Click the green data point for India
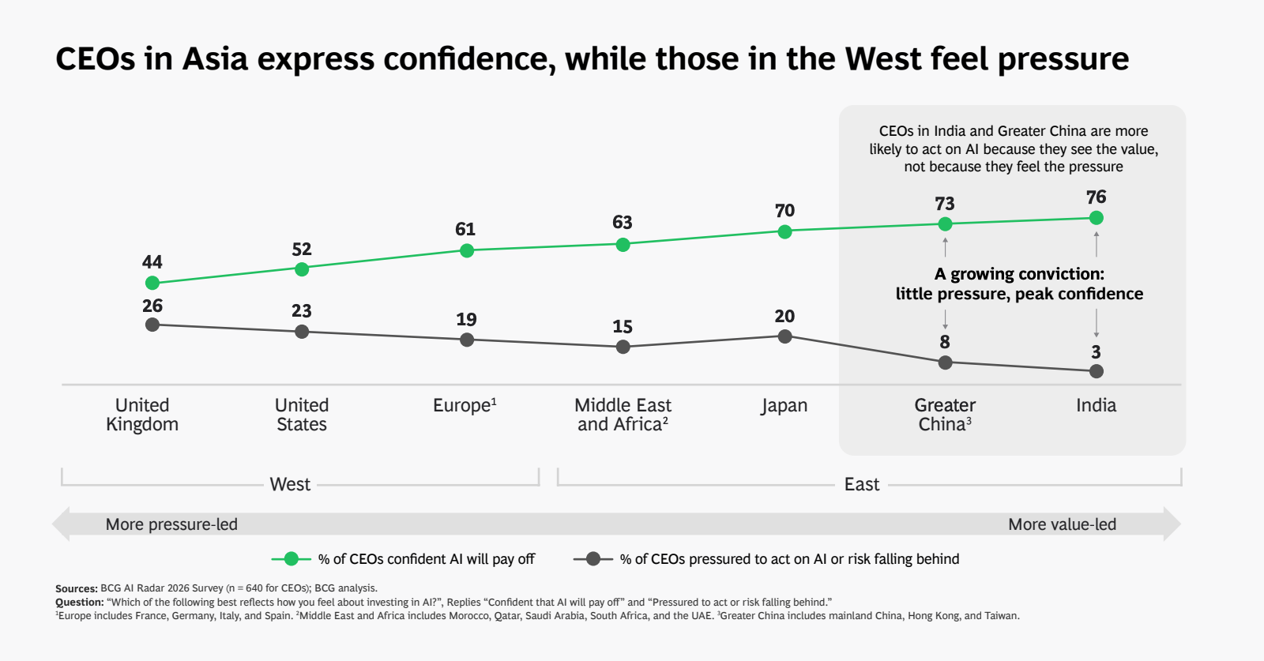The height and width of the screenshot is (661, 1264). [x=1096, y=218]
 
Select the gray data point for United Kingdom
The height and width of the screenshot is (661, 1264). [x=152, y=325]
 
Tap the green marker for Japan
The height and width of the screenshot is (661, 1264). [x=784, y=231]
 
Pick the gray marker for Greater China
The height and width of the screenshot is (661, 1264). [x=945, y=362]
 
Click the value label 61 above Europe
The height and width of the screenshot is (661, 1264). [x=465, y=229]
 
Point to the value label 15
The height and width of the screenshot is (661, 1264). [x=623, y=327]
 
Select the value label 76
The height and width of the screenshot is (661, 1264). [x=1096, y=197]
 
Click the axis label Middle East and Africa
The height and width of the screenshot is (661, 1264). [x=623, y=415]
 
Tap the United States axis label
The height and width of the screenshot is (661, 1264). [x=302, y=415]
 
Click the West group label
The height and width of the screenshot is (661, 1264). [x=290, y=484]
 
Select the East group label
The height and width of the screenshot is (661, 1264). [x=861, y=484]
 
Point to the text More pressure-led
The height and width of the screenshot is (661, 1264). [x=171, y=524]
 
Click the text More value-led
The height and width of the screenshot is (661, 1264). [x=1062, y=524]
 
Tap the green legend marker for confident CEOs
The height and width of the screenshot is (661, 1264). [x=292, y=559]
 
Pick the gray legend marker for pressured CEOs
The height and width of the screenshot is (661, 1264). [x=593, y=559]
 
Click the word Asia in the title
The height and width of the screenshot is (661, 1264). [x=215, y=59]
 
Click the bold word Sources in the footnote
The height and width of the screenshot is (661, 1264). [x=76, y=588]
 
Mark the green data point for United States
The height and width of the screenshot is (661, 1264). [x=302, y=269]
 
